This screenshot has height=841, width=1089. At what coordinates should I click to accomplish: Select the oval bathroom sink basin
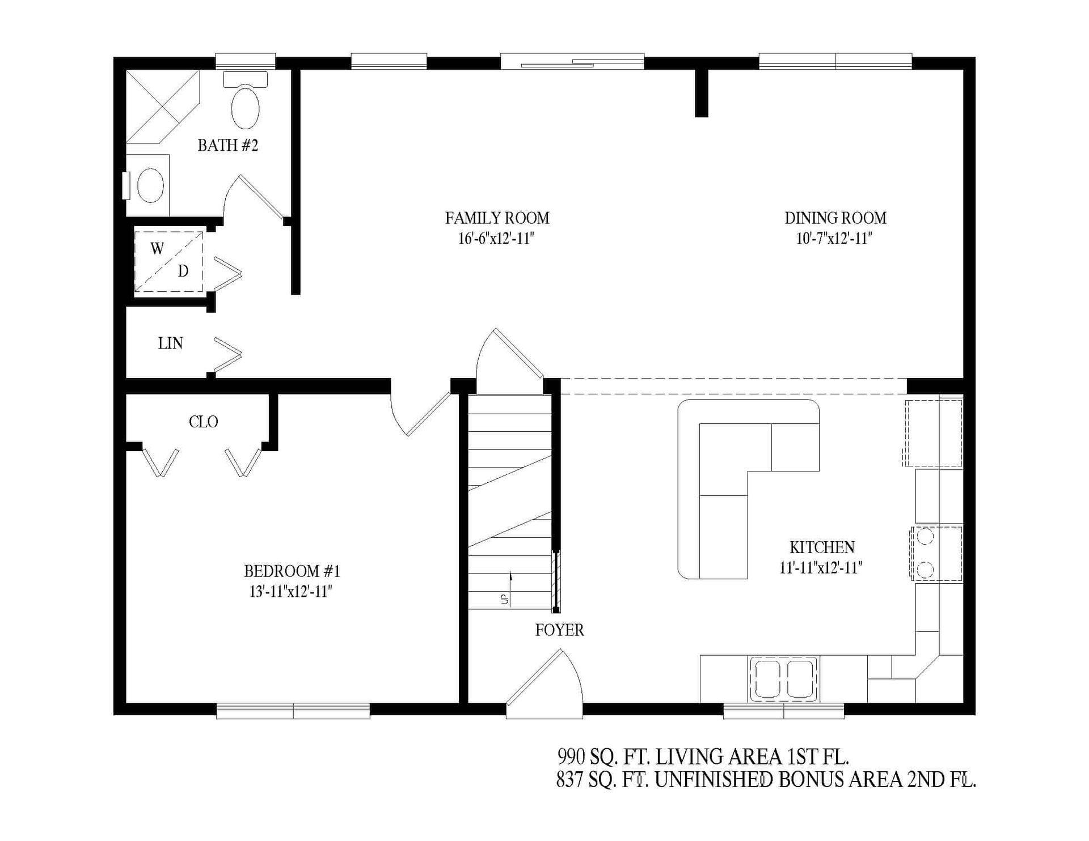(151, 185)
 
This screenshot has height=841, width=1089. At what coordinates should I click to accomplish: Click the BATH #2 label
(227, 146)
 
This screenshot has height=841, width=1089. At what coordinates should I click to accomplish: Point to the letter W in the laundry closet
(157, 248)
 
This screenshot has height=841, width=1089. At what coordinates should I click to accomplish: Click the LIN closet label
(170, 343)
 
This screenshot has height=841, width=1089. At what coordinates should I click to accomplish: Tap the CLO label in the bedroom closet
(203, 422)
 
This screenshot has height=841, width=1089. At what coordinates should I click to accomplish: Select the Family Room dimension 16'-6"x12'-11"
(496, 239)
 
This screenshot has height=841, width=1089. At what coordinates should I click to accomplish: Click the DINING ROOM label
(835, 218)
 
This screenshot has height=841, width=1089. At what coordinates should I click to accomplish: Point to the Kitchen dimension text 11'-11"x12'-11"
(821, 567)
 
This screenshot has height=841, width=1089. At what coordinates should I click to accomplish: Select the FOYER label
(559, 630)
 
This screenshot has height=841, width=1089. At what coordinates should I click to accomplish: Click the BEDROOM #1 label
(292, 570)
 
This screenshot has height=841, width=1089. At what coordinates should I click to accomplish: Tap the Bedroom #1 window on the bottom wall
(293, 711)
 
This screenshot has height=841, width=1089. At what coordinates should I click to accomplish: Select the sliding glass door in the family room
(572, 61)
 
